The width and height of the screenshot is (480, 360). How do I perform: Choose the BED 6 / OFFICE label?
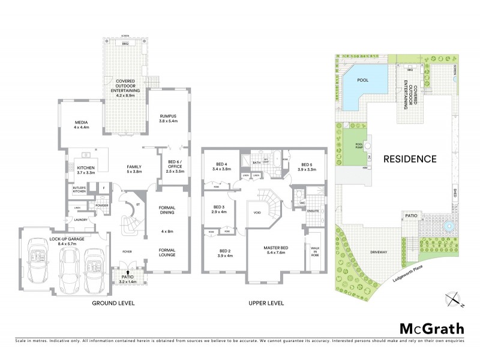pyautogui.click(x=171, y=167)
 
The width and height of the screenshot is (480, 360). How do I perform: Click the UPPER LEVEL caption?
pyautogui.click(x=266, y=304)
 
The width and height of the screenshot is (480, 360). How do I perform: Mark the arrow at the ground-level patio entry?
pyautogui.click(x=127, y=272)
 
